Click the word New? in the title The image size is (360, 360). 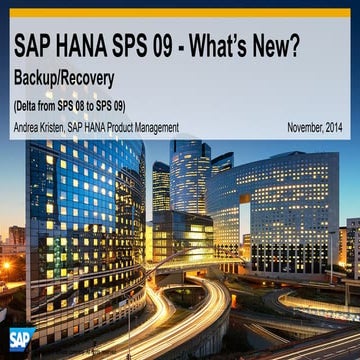pyautogui.click(x=298, y=46)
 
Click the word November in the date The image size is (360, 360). pyautogui.click(x=299, y=127)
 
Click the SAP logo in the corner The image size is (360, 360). pyautogui.click(x=17, y=341)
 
